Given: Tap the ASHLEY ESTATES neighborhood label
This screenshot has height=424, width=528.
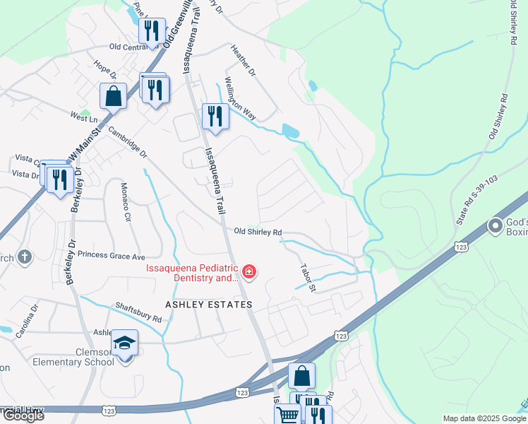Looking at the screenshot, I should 208,305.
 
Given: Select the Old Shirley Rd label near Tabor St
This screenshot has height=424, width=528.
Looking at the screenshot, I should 258,232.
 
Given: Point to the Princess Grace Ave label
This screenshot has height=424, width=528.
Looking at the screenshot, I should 111,256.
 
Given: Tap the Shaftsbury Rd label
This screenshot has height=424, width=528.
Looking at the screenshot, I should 138,314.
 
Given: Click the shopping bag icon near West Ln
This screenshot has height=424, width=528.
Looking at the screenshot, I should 113,95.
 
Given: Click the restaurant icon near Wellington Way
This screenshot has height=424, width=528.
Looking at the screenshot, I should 215,116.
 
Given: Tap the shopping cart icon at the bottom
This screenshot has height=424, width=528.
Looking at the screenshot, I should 287,416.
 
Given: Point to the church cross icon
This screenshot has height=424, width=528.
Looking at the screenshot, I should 24,257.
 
